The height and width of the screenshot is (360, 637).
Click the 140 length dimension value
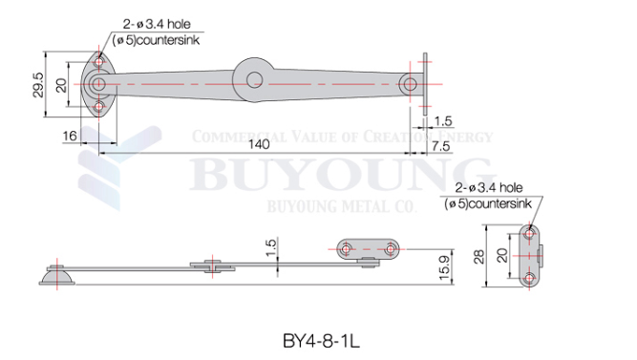pos(259,144)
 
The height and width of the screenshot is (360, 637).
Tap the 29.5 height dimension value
pos(38,85)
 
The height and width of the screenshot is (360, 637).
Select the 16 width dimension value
pos(70,136)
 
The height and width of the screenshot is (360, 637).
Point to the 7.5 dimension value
pos(441,146)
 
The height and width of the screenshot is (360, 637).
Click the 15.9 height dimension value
pos(445,267)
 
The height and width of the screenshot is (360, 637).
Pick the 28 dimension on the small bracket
pos(479,257)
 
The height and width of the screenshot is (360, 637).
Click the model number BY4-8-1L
pos(321,341)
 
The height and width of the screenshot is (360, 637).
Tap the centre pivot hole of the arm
pos(255,79)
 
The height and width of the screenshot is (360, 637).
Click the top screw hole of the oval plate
pos(99,62)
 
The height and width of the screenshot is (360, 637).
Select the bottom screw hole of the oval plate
pos(99,107)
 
